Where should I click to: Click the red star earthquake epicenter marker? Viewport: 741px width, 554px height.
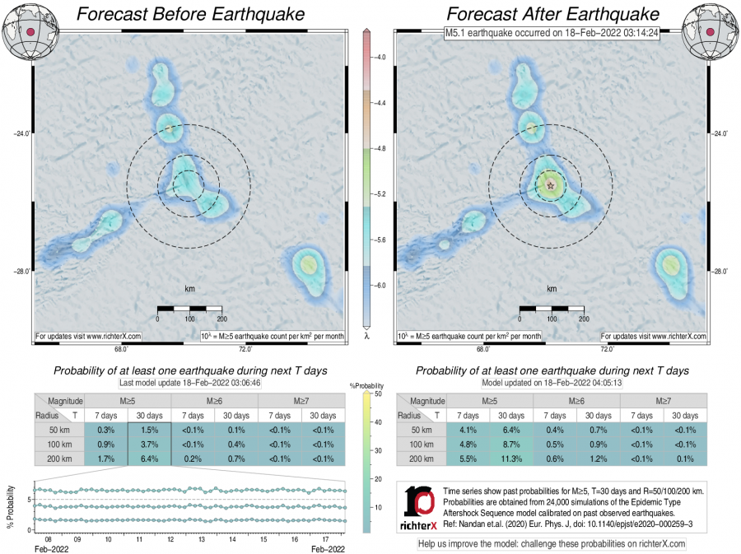coord(550,185)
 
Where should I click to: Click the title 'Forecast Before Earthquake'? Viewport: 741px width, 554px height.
coord(189,14)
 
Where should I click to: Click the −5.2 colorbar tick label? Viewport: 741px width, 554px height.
coord(380,194)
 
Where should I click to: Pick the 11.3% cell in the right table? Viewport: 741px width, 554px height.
coord(511,459)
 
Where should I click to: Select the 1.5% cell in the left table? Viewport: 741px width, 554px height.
coord(149,430)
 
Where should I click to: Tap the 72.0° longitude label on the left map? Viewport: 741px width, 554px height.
coord(245,349)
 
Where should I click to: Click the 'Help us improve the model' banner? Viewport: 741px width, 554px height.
coord(552,544)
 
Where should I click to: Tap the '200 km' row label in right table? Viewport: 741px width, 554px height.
coord(422,459)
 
